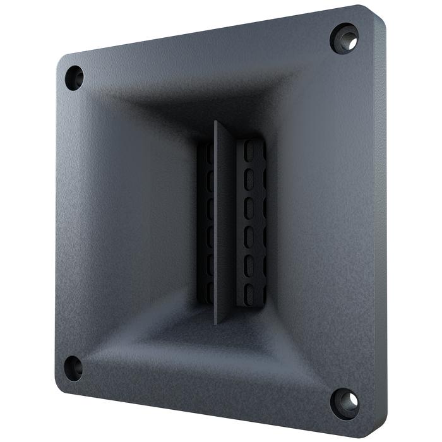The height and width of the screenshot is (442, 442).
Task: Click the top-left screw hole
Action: coord(75,75)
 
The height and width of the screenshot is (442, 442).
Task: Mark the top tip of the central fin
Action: coord(216,122)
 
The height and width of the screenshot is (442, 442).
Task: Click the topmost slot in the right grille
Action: coord(248,154)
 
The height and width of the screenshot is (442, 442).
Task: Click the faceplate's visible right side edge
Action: coord(380,221)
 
